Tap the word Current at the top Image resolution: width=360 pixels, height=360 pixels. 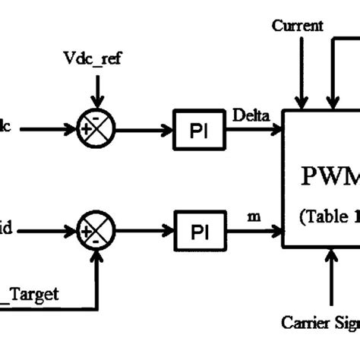click(x=298, y=26)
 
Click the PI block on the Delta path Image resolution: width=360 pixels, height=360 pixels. click(x=198, y=131)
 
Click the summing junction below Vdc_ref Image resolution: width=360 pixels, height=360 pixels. click(x=97, y=130)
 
